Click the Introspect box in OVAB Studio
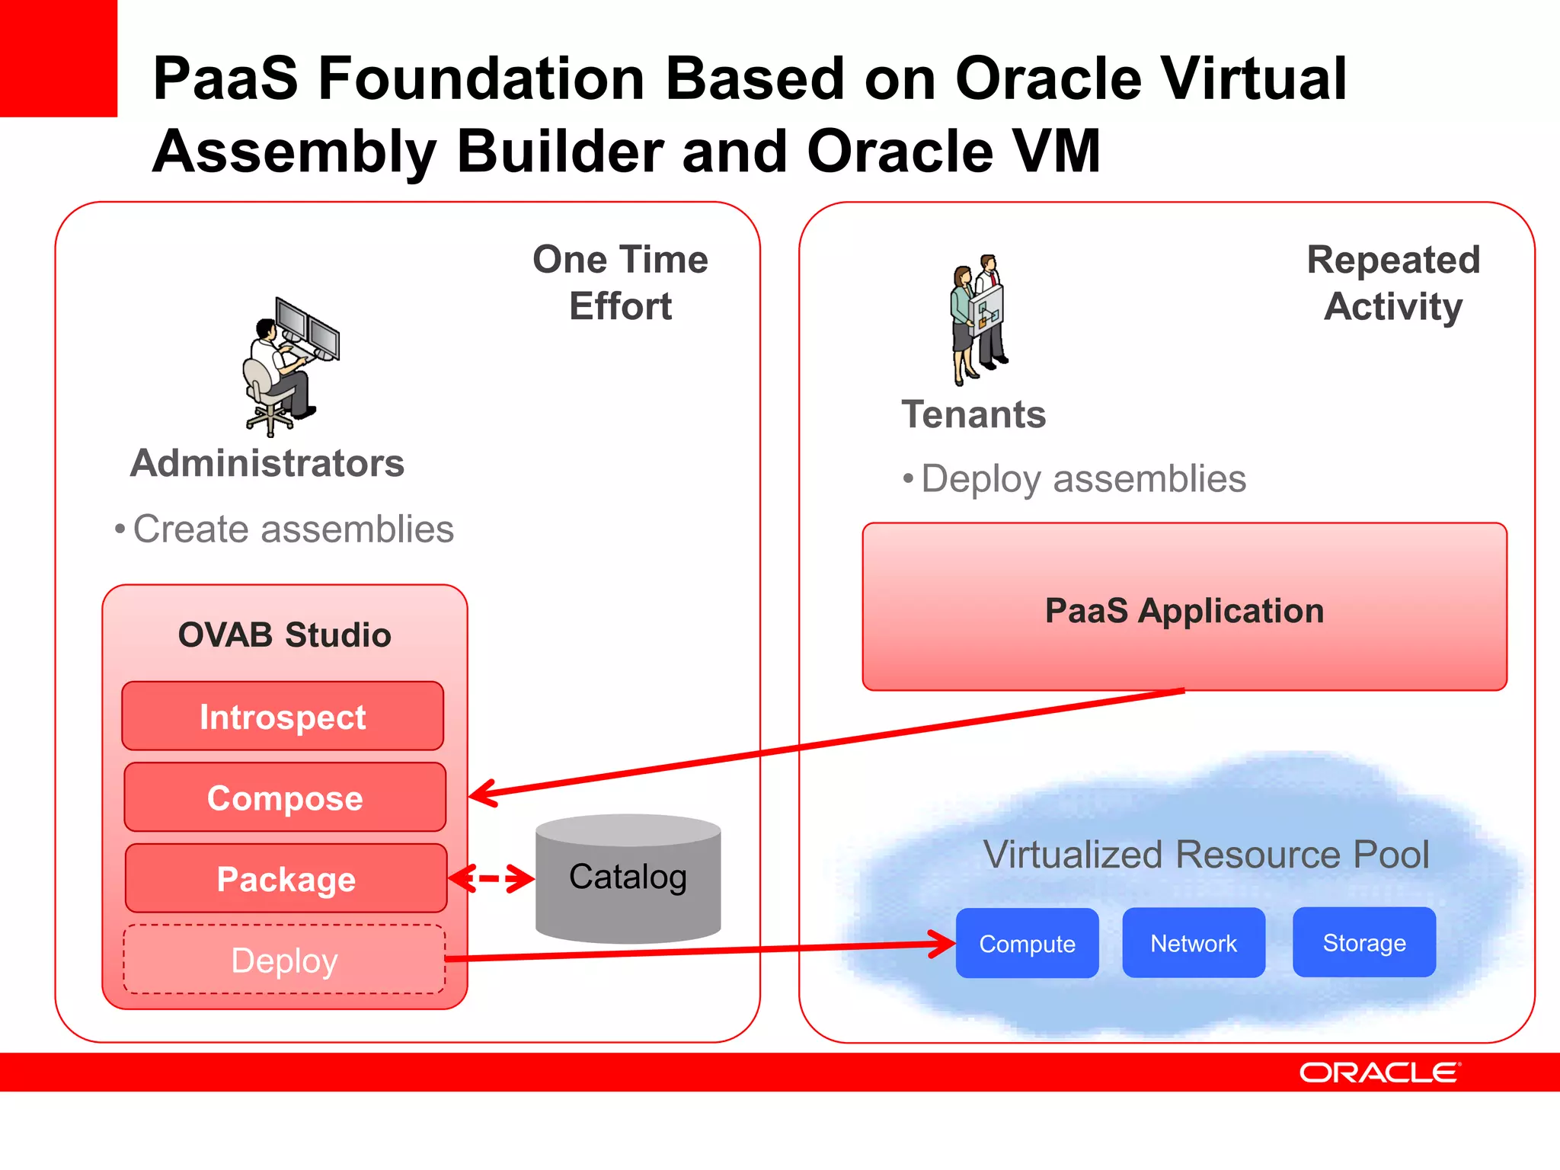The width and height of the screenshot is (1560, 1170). click(283, 716)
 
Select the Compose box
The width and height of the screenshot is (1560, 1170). click(285, 797)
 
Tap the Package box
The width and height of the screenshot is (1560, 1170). click(286, 878)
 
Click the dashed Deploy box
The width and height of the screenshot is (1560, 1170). click(284, 960)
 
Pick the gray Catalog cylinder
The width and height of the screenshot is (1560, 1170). click(628, 880)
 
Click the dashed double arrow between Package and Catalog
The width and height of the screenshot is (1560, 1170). click(491, 878)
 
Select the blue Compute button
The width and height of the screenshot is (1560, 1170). click(1027, 943)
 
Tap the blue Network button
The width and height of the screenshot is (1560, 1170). click(1193, 943)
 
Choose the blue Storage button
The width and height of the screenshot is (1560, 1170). click(1363, 942)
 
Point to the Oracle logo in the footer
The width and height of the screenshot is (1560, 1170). click(1379, 1072)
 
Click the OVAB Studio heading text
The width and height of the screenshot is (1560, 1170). click(284, 635)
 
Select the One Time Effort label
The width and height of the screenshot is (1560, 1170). click(620, 283)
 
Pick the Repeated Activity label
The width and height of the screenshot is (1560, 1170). click(1393, 283)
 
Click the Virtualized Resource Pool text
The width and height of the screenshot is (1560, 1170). click(1206, 854)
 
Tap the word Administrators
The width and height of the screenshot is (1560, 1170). click(267, 463)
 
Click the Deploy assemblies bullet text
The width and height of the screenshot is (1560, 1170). click(1082, 479)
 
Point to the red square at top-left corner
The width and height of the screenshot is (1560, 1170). click(58, 58)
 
